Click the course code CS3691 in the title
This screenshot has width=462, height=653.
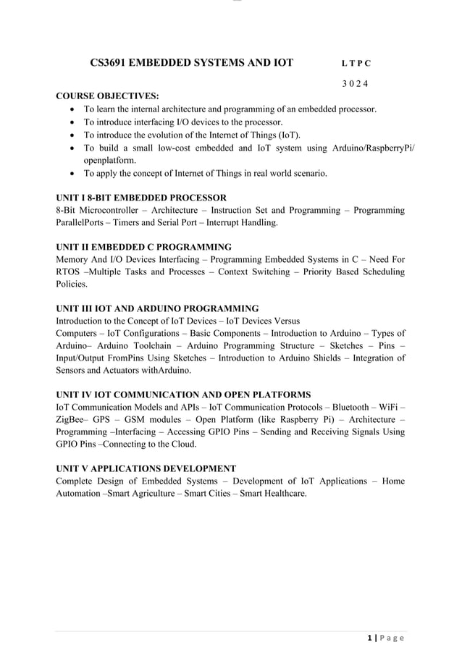coord(106,63)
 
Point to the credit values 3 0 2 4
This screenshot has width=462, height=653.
coord(355,84)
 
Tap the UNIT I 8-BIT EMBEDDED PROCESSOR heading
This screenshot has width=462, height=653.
coord(141,198)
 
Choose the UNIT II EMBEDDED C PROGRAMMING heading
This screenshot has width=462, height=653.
coord(143,247)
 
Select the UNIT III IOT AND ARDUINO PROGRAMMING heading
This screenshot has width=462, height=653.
coord(157,308)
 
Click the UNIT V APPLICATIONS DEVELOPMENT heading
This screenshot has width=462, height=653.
coord(146,468)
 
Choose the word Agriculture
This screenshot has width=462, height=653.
coord(167,494)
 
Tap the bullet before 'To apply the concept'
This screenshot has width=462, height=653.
coord(74,174)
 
